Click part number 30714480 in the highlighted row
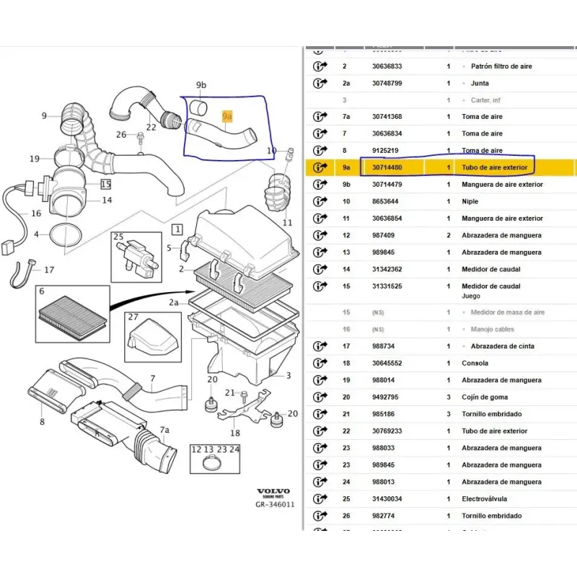pos(387,167)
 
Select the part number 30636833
pos(387,66)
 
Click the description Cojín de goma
pos(485,397)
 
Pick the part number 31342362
pos(387,269)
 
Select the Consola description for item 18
pos(475,363)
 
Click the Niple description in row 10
pos(470,201)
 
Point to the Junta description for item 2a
pos(480,83)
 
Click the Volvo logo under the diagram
pos(273,491)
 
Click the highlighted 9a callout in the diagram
pos(227,115)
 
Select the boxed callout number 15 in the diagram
pos(106,185)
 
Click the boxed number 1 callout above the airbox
pos(176,229)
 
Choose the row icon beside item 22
pos(320,431)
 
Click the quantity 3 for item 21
pos(449,414)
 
